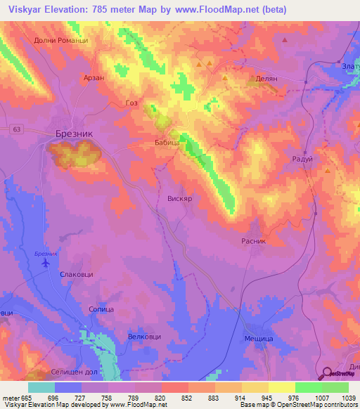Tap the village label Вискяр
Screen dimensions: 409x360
tap(179, 199)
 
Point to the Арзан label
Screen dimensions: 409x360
tap(94, 78)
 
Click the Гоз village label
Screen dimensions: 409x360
tap(131, 103)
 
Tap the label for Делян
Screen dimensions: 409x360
tap(268, 79)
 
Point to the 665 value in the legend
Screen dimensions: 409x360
tap(27, 398)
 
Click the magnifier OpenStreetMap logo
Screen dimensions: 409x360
tap(326, 372)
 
